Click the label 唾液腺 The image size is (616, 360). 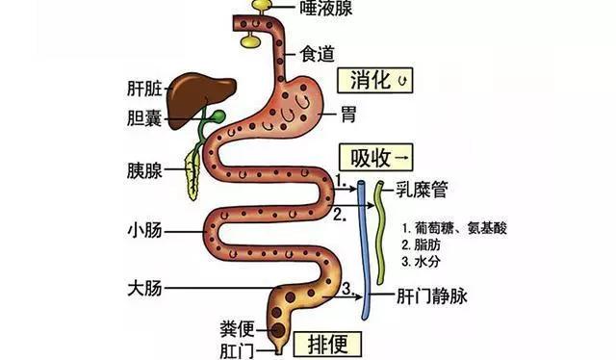327,9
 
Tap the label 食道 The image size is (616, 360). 319,54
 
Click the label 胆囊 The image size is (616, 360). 141,120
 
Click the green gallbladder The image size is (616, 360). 218,117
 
